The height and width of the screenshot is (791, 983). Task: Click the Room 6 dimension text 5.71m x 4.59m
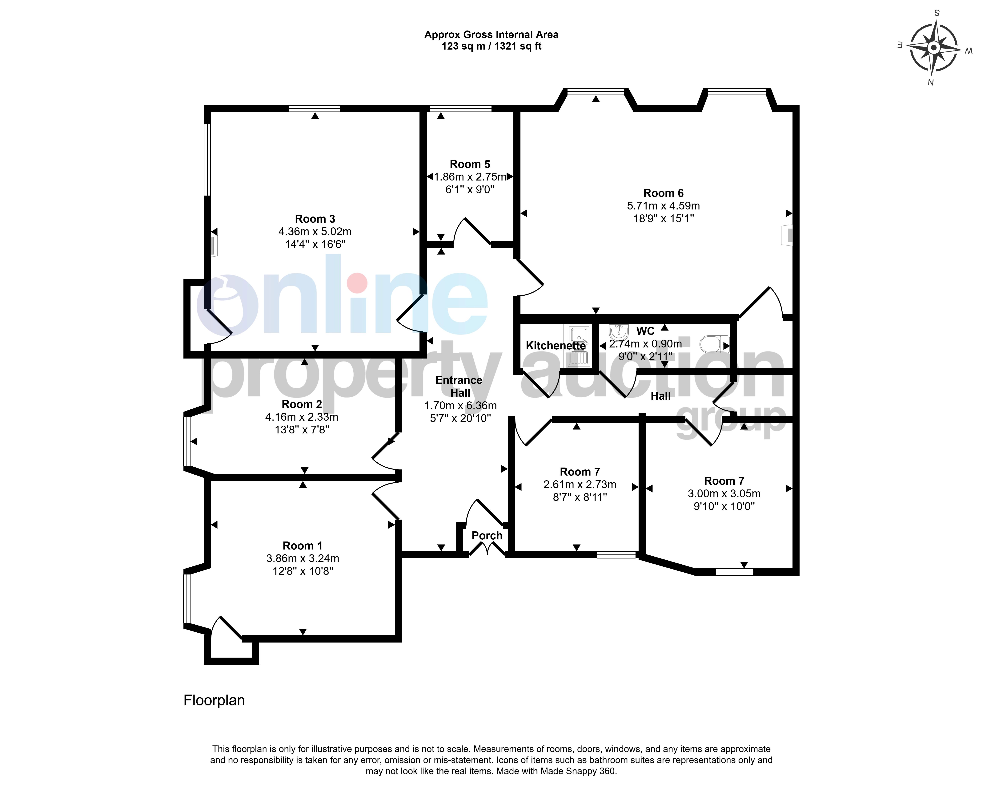663,206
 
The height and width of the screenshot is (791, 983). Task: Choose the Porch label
487,536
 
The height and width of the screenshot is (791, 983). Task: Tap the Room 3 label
315,219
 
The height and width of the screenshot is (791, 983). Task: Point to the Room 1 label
302,546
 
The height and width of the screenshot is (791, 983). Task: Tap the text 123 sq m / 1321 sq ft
491,46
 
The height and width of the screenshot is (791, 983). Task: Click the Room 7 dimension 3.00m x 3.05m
724,494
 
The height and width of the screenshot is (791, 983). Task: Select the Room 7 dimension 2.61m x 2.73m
580,485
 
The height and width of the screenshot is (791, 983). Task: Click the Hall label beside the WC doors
661,396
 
